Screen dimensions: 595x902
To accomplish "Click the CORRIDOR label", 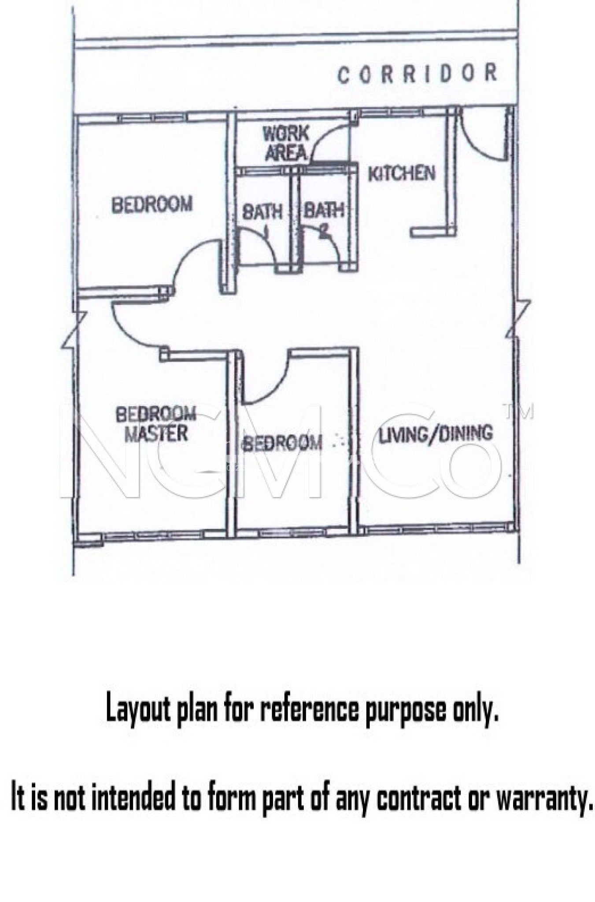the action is point(417,74).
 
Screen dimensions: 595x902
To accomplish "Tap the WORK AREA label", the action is point(285,143).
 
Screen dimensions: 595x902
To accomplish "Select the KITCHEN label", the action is point(401,174).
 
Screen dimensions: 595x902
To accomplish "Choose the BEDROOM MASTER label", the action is point(156,424).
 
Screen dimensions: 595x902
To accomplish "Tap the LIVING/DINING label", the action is point(436,433).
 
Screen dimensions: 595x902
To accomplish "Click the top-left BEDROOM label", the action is point(152,204).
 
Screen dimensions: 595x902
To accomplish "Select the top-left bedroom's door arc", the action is point(187,255).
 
